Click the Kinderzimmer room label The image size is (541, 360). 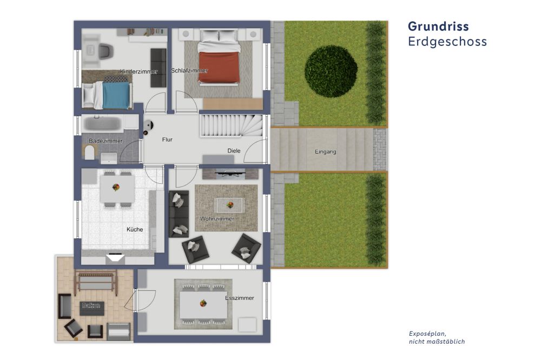[138, 72]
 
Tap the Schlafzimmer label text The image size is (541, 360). [189, 71]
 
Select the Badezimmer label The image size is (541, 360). [105, 141]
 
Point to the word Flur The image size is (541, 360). [167, 139]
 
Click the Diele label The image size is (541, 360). [234, 151]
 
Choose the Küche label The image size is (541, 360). [135, 229]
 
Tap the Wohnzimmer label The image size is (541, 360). [217, 218]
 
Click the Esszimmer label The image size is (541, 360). [240, 298]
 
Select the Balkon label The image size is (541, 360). [91, 305]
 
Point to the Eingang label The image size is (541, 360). [325, 152]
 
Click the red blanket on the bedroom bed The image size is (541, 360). [219, 67]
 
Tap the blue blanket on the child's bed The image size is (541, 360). [116, 96]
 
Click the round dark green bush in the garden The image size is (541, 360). [331, 71]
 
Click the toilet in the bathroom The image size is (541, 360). [89, 152]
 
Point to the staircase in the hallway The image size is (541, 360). [231, 125]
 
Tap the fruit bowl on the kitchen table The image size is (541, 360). [116, 187]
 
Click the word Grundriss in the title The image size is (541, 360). [438, 26]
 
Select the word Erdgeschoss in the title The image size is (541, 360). [447, 42]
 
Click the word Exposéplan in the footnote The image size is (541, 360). [427, 334]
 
